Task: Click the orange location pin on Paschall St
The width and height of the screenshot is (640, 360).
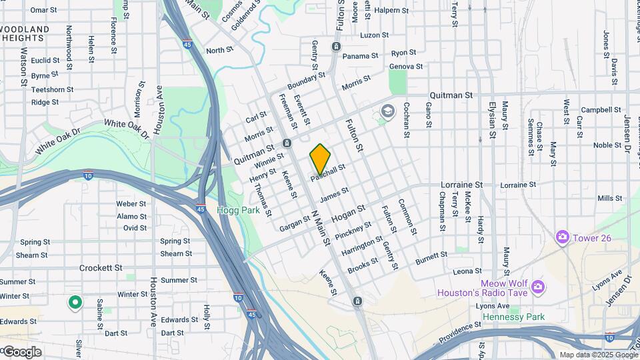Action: pos(320,159)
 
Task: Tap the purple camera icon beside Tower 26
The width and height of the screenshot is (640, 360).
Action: pos(563,237)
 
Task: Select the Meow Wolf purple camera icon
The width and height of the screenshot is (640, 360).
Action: pos(537,288)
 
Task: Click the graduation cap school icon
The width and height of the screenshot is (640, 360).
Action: pos(387,111)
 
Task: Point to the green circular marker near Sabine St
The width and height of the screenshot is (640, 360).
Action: pos(75,303)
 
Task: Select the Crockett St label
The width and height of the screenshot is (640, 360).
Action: pos(101,267)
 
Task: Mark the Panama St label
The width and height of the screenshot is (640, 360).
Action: pos(360,56)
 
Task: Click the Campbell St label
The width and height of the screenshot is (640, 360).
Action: pos(596,109)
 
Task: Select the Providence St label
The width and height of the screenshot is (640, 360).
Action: pos(460,330)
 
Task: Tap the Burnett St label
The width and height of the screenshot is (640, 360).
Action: pos(431,257)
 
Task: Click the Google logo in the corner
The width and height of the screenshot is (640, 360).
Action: pos(22,351)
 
